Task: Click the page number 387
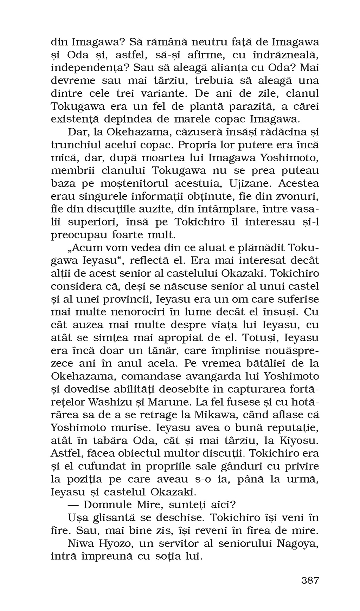310,580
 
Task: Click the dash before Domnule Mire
72,505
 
